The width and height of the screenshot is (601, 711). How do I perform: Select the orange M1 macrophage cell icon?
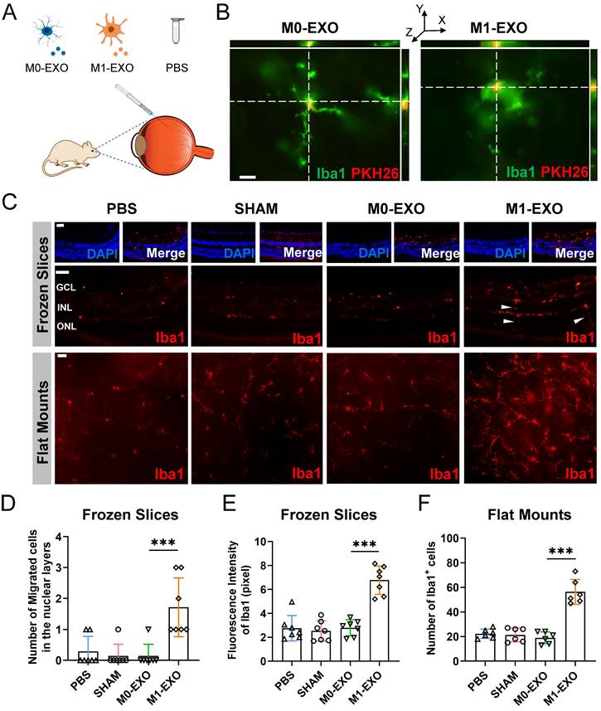click(x=113, y=32)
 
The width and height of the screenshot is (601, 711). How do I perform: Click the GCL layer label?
click(x=66, y=286)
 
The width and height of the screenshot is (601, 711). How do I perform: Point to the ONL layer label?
click(x=66, y=325)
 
